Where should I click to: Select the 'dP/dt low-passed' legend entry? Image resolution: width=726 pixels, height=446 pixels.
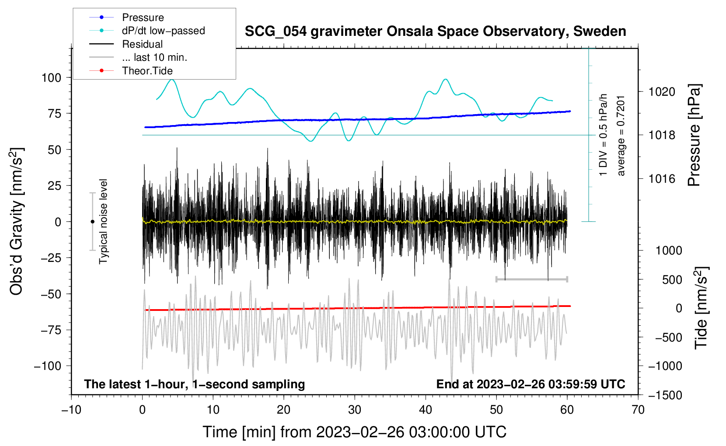(x=163, y=31)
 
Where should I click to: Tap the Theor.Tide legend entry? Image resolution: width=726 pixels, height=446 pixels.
(x=147, y=71)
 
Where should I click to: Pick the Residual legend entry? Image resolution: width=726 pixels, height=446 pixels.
(x=142, y=44)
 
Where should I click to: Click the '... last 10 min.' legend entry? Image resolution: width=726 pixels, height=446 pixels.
(x=154, y=57)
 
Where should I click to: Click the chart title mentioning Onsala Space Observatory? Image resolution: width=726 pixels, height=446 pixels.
(x=435, y=31)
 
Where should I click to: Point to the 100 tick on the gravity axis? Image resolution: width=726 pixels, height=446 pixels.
(x=51, y=78)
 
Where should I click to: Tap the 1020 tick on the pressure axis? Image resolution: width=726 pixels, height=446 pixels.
(x=662, y=92)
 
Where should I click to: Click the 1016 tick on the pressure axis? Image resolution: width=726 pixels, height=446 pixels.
(x=662, y=178)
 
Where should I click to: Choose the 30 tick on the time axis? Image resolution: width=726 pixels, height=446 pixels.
(x=355, y=410)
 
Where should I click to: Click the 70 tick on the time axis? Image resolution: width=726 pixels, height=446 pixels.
(x=638, y=410)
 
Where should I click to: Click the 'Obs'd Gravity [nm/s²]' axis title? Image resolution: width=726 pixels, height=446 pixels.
(x=17, y=222)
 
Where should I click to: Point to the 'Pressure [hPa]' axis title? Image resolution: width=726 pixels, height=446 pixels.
(x=694, y=136)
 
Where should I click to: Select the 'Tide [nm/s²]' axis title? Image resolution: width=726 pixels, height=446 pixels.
(x=701, y=308)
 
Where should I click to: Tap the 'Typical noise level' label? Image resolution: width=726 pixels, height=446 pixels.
(x=103, y=222)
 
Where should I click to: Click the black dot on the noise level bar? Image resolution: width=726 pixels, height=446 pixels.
(x=92, y=222)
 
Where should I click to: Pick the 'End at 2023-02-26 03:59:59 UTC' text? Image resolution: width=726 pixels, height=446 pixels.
(x=531, y=384)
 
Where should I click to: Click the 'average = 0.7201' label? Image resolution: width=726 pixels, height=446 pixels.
(x=621, y=136)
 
